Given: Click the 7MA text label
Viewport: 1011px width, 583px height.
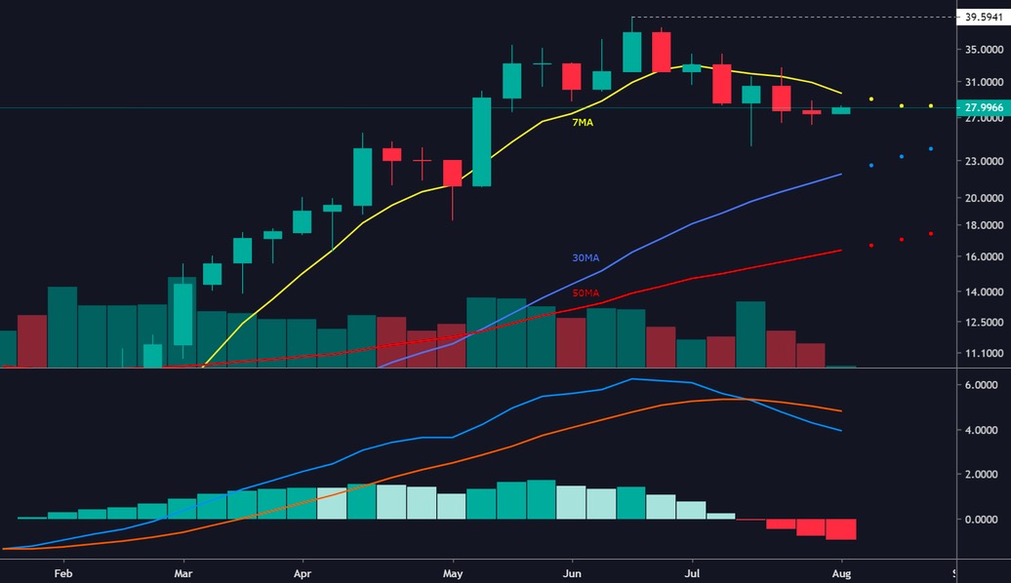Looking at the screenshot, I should coord(583,123).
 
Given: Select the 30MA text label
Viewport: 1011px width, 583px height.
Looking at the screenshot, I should coord(586,258).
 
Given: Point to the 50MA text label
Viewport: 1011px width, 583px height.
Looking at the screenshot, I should coord(586,293).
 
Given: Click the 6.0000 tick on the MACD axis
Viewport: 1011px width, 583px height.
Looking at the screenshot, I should coord(981,386).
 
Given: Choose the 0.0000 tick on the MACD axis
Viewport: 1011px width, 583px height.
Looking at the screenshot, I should coord(981,520).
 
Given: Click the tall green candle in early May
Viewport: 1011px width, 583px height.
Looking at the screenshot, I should coord(482,141).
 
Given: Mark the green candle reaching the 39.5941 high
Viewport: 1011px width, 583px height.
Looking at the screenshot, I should coord(632,52).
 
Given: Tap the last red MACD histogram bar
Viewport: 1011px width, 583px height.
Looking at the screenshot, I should coord(841,529).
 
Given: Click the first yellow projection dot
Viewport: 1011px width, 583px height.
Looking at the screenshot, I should coord(871,99).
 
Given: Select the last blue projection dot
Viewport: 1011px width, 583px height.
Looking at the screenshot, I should coord(931,148).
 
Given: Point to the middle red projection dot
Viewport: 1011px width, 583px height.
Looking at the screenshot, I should coord(902,240).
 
